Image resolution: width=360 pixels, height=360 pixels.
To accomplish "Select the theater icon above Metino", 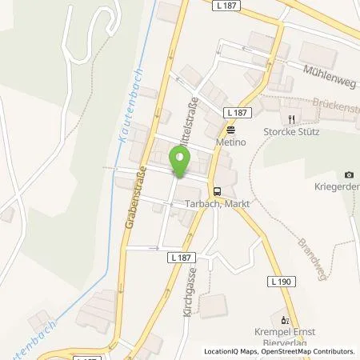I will coord(231,129).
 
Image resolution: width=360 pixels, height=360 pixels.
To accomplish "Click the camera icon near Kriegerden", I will coord(348,175).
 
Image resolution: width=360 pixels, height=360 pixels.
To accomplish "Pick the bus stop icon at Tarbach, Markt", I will coord(217,190).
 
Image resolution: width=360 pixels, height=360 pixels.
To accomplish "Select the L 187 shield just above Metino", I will coord(234,113).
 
